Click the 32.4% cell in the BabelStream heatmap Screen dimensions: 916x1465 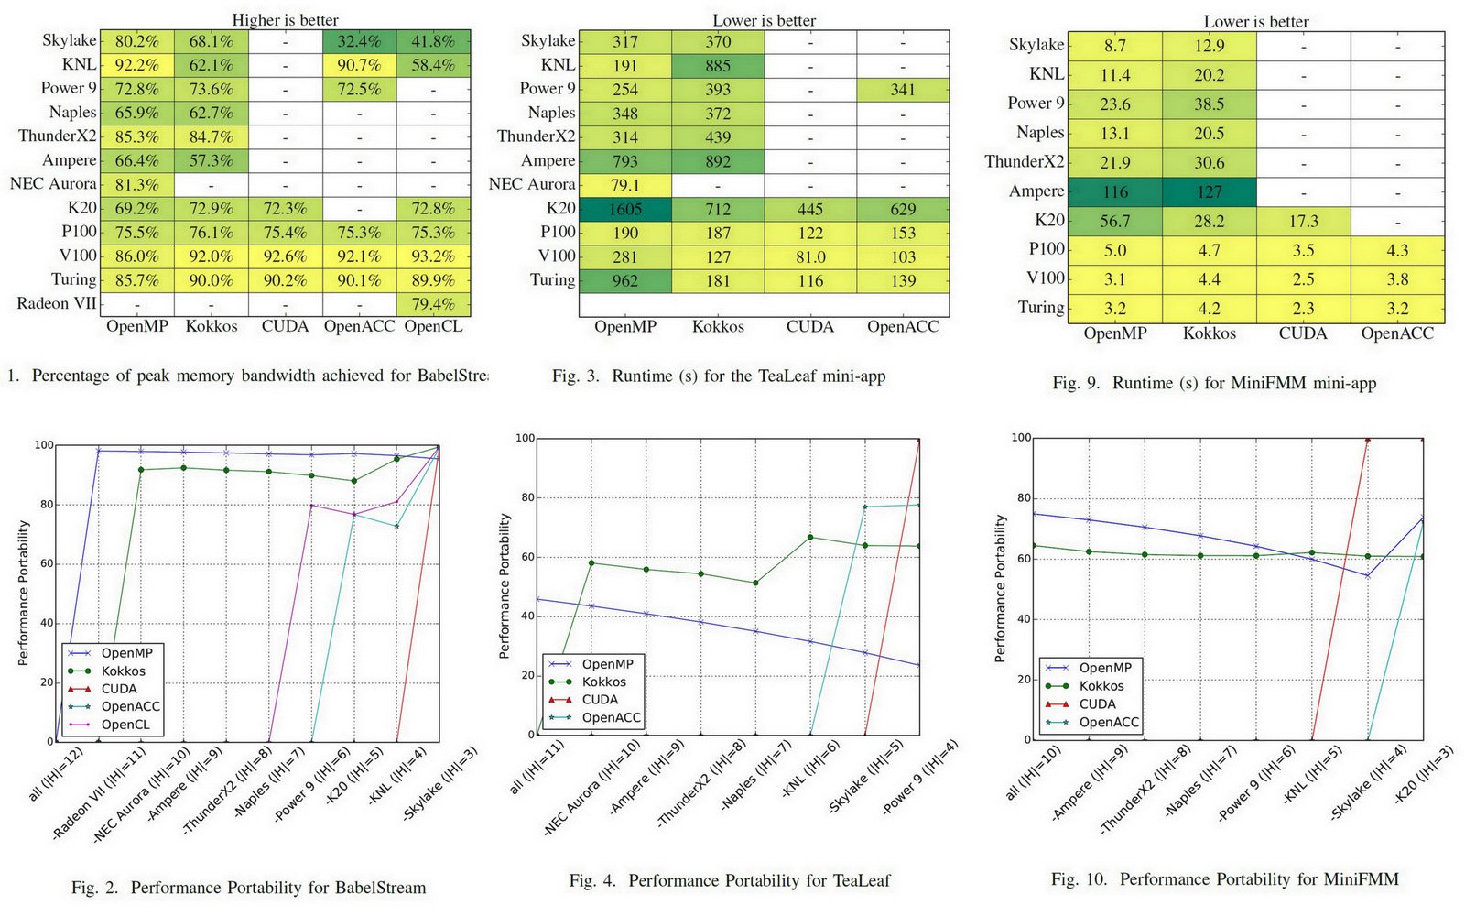point(359,41)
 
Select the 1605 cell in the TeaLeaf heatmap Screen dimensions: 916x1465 point(625,209)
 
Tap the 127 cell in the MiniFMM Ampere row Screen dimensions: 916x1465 point(1209,191)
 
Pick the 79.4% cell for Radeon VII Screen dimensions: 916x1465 point(433,304)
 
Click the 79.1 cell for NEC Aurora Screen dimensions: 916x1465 point(625,185)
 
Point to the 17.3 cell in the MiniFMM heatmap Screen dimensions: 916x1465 point(1303,221)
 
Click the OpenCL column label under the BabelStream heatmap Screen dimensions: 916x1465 point(433,326)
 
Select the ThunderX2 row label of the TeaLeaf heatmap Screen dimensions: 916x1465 point(537,136)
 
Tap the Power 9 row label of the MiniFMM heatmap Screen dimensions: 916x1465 point(1036,103)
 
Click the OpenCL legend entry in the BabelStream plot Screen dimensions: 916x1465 point(125,725)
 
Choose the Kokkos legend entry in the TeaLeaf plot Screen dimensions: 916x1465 point(603,682)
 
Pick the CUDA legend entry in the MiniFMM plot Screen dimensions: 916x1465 point(1097,703)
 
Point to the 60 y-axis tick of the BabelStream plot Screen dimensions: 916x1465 point(44,564)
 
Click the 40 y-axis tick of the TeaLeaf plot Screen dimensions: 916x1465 point(526,616)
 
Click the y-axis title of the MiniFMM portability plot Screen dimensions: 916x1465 point(1000,588)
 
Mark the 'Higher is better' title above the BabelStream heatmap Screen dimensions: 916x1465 point(285,19)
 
